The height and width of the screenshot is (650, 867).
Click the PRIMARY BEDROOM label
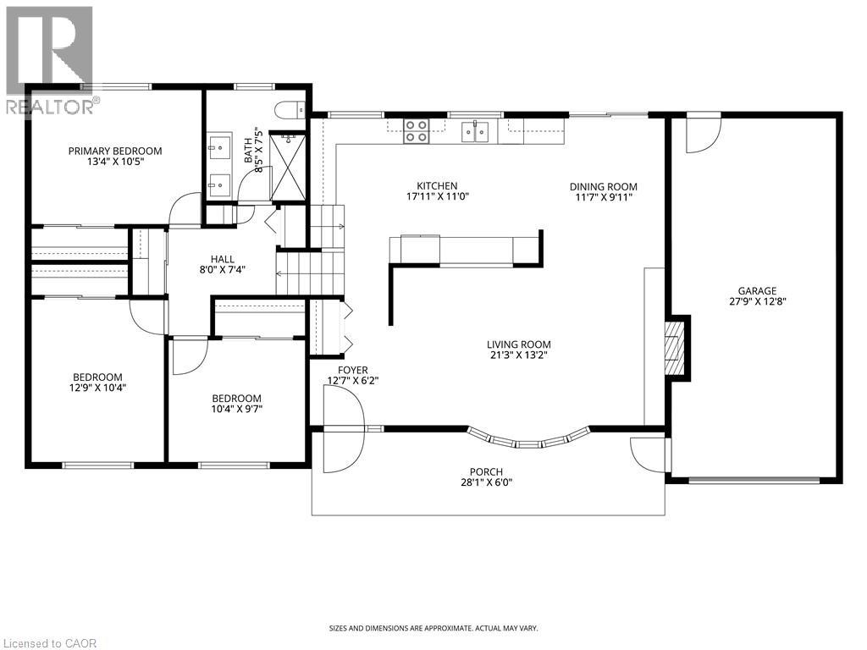click(115, 151)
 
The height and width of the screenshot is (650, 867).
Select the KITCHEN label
click(437, 186)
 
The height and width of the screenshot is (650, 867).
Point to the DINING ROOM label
click(603, 187)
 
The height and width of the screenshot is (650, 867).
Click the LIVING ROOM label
click(518, 344)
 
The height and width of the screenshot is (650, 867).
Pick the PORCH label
click(487, 472)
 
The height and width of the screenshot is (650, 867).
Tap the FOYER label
click(352, 370)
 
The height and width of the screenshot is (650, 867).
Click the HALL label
click(224, 260)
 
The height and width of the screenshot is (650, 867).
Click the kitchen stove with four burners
click(415, 130)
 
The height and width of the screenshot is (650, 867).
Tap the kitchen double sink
click(474, 131)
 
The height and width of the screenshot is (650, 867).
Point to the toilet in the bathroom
click(288, 108)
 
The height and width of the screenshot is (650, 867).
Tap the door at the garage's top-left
click(702, 135)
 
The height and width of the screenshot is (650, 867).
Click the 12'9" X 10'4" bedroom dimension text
click(97, 388)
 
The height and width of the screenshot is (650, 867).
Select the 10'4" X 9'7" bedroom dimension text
click(236, 410)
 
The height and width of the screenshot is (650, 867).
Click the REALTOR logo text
click(51, 106)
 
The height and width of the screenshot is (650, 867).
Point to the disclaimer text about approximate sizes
click(433, 628)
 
